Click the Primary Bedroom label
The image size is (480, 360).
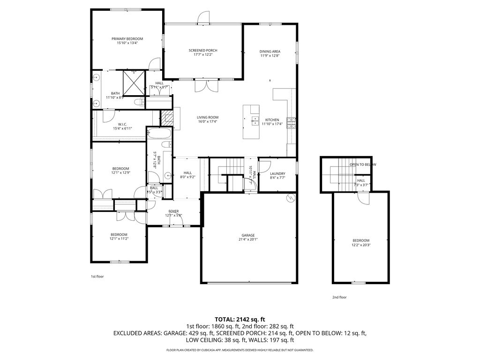[x=127, y=38]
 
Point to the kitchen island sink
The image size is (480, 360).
[x=255, y=121]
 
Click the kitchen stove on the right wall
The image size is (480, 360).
[x=291, y=122]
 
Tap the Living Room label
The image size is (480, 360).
[x=208, y=117]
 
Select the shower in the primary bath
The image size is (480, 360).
[x=134, y=82]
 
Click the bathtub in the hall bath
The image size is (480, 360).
[x=158, y=134]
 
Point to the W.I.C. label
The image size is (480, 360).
[x=122, y=124]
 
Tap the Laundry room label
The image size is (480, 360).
[x=277, y=173]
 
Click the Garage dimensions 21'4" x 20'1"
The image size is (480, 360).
[x=248, y=240]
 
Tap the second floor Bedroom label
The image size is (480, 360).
[x=360, y=240]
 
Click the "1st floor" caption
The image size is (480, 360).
[x=97, y=277]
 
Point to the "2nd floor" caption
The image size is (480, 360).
[x=339, y=297]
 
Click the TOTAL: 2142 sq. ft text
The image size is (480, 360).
[x=240, y=319]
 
